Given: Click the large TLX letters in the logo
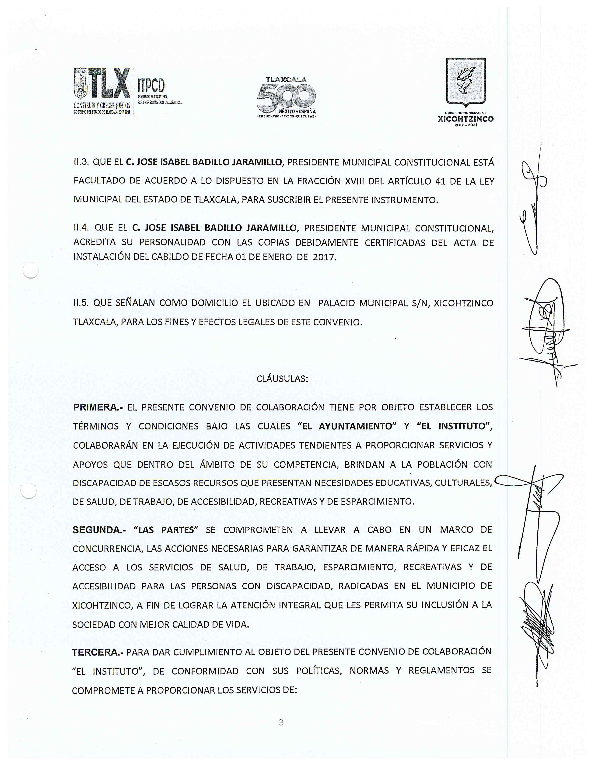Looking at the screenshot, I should (x=109, y=83).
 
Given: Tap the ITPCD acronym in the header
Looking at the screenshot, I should (x=151, y=86).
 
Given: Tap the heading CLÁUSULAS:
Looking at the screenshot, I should (x=282, y=379).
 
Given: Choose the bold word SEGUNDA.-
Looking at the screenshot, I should (x=99, y=530).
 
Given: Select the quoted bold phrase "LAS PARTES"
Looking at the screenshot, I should (x=164, y=530).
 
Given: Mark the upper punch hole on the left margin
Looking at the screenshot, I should (x=31, y=271).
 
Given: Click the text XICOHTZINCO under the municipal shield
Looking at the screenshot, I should (x=466, y=119).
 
